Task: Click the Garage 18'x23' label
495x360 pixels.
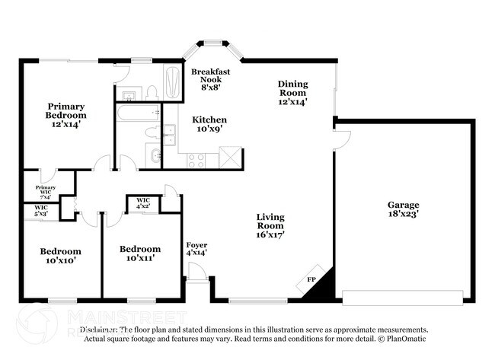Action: coord(404,210)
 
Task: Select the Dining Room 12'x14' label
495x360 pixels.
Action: coord(292,92)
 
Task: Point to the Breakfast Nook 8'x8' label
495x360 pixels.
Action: coord(210,78)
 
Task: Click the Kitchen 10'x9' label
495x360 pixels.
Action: coord(209,124)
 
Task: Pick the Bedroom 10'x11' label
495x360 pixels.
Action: coord(140,253)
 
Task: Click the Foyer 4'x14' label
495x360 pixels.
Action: coord(196,248)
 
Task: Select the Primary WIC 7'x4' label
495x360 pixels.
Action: coord(46,190)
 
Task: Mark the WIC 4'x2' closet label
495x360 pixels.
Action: coord(143,203)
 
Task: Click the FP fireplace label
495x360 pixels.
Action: coord(311,279)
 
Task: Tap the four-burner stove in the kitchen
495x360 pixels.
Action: coord(196,160)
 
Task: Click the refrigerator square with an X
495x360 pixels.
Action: coord(230,158)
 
